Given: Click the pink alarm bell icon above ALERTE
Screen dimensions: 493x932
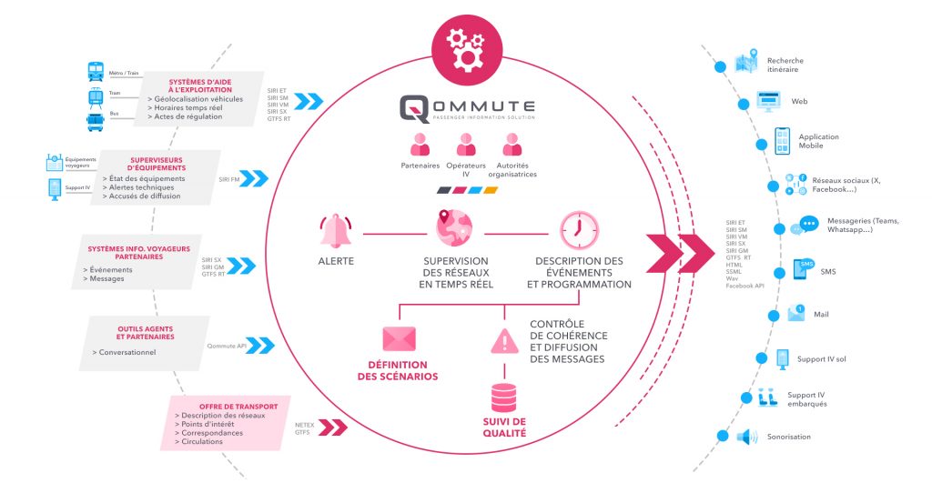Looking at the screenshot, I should [336, 232].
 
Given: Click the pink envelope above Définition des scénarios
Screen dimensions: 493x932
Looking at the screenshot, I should [399, 339].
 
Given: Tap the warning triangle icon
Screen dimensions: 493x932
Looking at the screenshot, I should [503, 340].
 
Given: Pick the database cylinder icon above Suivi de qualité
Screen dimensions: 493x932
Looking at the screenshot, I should [503, 397].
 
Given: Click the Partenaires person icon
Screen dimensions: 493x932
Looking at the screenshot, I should [420, 146].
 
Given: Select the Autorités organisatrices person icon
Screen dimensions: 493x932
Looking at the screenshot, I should [512, 146].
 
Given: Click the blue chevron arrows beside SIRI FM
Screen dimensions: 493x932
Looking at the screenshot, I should [254, 178].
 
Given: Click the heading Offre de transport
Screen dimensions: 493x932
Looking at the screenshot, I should [230, 406].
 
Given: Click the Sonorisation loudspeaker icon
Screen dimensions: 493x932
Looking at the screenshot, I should [746, 437].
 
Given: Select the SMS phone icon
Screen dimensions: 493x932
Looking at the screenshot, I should [804, 269].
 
